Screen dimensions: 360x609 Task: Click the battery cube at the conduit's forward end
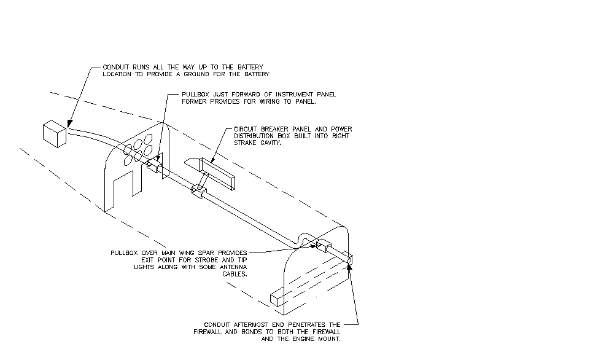click(x=54, y=134)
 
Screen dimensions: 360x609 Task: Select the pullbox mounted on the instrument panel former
click(x=153, y=165)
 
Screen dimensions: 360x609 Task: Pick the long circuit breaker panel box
click(x=217, y=172)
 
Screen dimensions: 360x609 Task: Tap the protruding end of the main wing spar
click(x=279, y=299)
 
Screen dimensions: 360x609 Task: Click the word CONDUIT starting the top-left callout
click(x=115, y=66)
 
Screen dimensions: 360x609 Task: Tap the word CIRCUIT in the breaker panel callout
click(x=247, y=129)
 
